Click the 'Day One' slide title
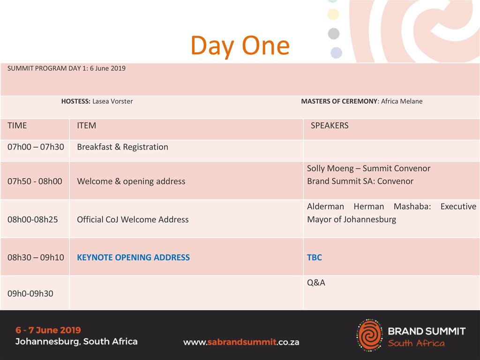point(240,46)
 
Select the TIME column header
point(17,126)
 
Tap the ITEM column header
point(86,126)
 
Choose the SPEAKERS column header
point(330,126)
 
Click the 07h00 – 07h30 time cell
point(36,147)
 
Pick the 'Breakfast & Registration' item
point(122,147)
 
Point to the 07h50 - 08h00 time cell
point(35,181)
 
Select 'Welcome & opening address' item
point(131,181)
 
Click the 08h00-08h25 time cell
point(32,219)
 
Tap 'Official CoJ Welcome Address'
point(133,219)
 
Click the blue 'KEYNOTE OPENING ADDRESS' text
point(133,257)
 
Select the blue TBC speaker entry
point(315,257)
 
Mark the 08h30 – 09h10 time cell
point(36,257)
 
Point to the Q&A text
point(316,283)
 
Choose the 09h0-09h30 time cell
point(30,293)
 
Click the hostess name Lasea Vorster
point(112,101)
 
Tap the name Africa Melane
point(402,101)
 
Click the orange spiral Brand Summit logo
point(369,335)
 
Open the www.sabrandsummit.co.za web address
point(241,342)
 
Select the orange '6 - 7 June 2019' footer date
point(48,330)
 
